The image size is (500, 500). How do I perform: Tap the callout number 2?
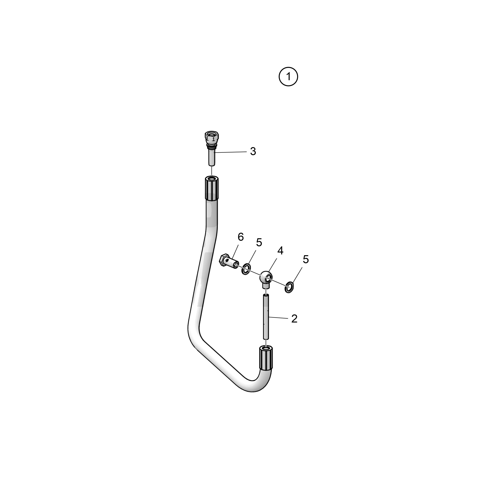[x=294, y=319]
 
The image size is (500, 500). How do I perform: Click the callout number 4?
[x=280, y=251]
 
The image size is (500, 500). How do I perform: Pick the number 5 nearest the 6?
[x=259, y=242]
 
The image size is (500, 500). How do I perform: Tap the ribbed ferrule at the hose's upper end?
[x=212, y=188]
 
